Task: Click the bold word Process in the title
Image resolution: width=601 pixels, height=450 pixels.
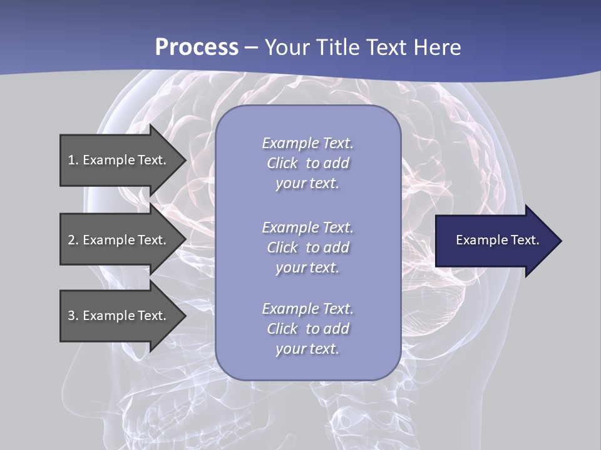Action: (197, 47)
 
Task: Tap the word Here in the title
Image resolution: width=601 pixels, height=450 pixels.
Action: (438, 47)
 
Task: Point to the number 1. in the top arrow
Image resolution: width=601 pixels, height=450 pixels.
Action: (73, 160)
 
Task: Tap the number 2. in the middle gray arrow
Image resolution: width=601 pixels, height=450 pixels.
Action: (73, 240)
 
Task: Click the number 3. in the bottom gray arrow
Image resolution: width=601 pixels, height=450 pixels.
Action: (73, 316)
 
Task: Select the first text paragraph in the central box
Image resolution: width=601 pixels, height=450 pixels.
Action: (307, 163)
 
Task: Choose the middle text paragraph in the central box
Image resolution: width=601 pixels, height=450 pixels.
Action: (307, 247)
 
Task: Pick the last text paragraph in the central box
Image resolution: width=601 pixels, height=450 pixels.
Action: (307, 329)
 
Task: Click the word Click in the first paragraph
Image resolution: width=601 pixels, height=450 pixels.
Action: (282, 163)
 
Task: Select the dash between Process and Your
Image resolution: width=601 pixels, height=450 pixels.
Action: (251, 47)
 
